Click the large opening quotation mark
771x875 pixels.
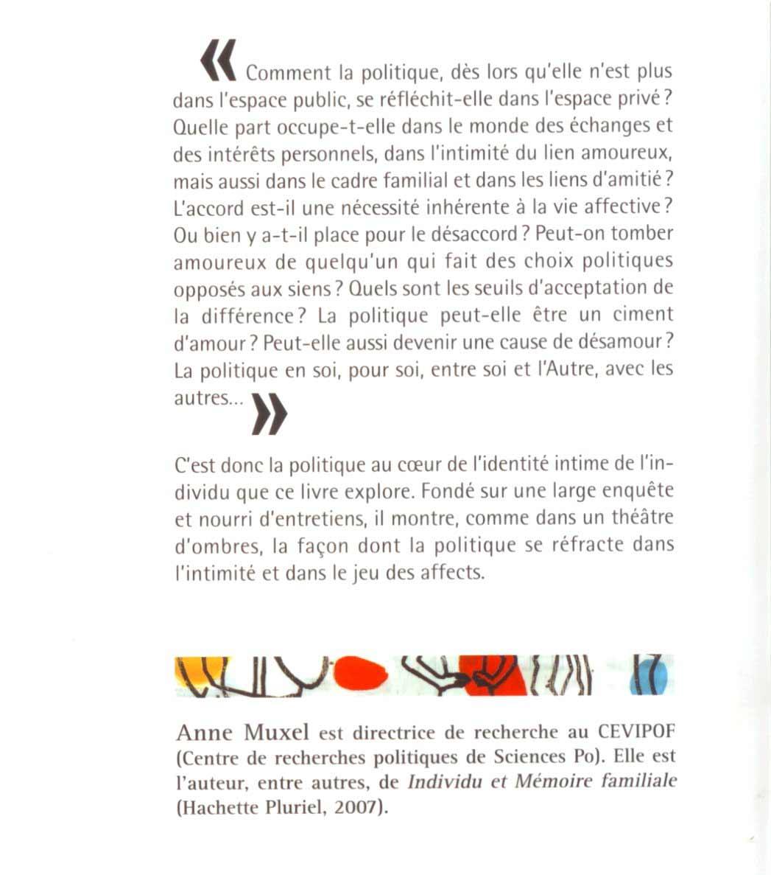[x=218, y=59]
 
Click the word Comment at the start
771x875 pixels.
[x=289, y=73]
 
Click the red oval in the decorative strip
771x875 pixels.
[x=360, y=672]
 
